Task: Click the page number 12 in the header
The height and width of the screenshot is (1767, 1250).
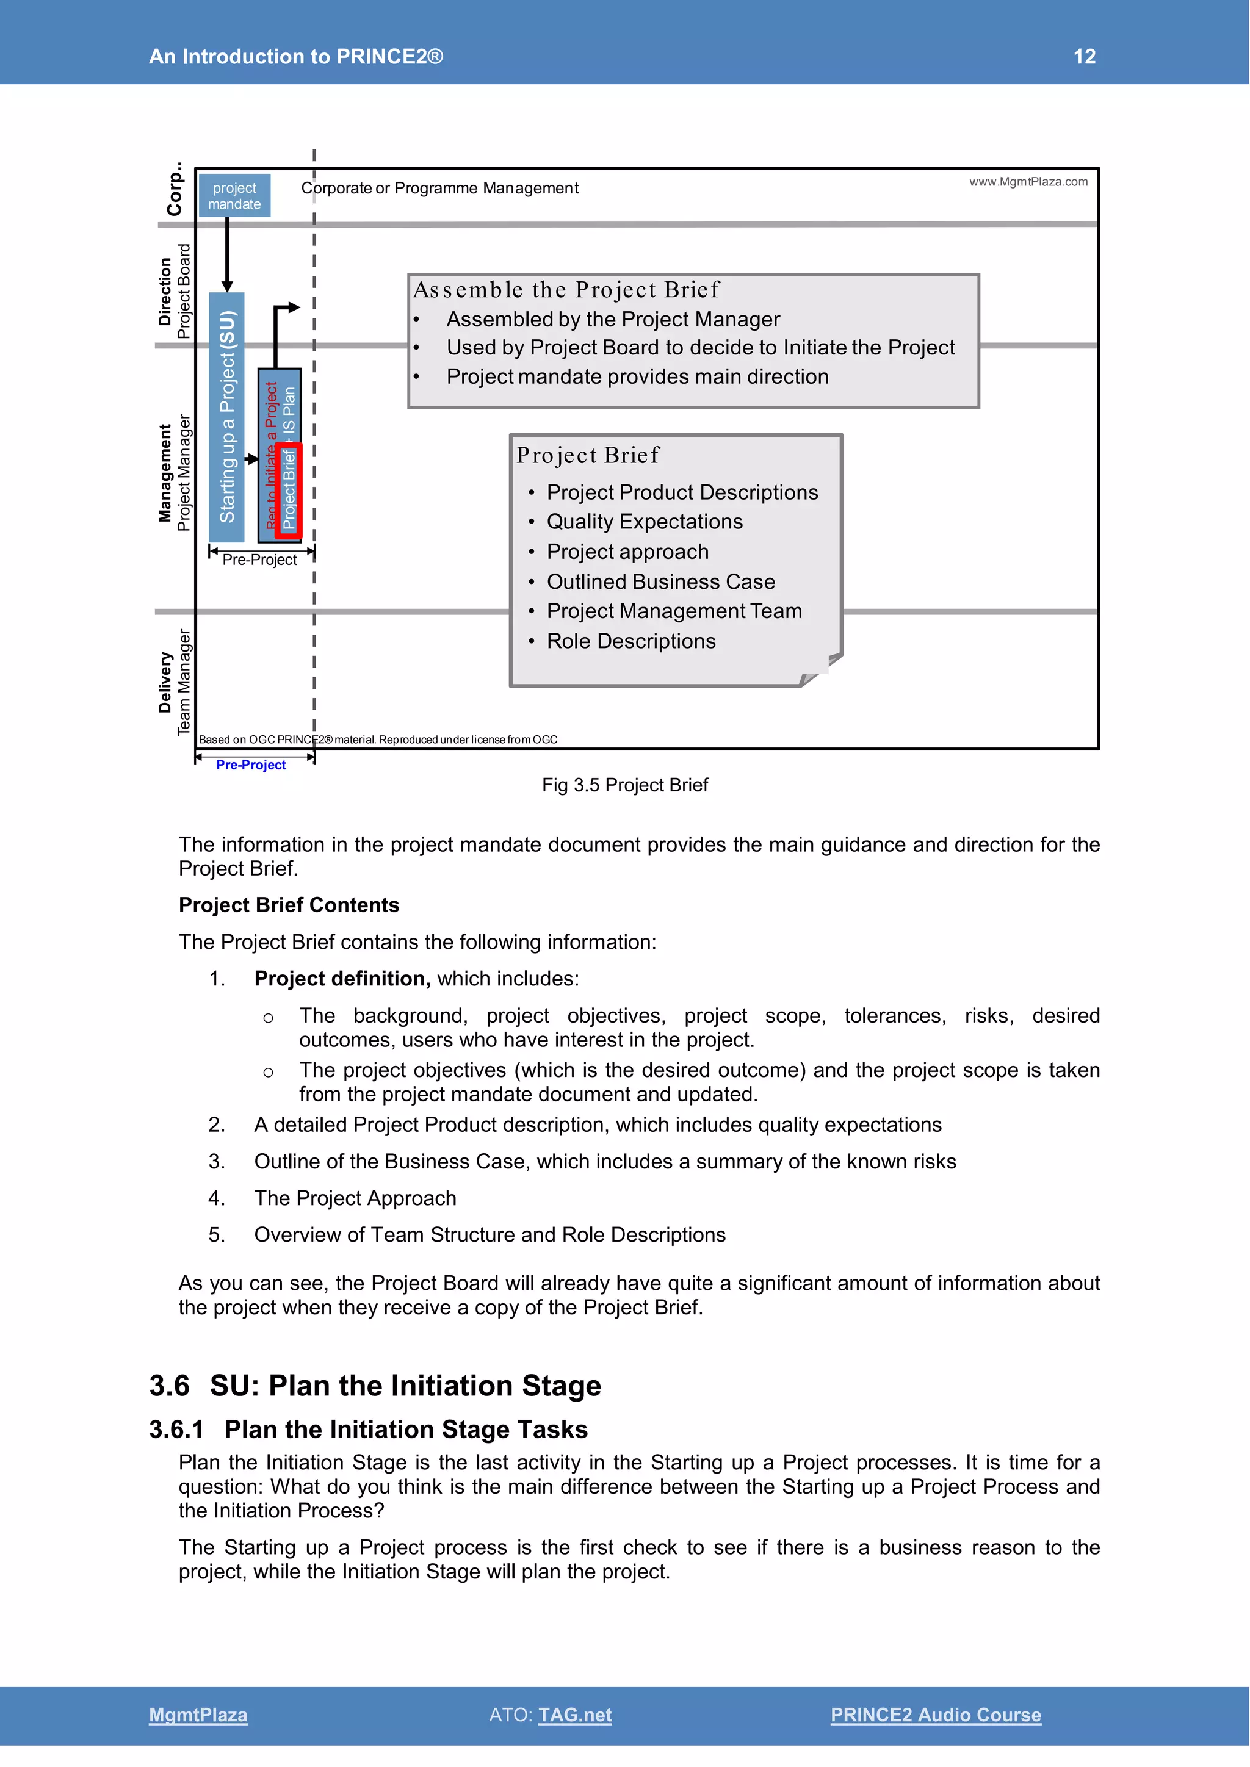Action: pyautogui.click(x=1084, y=56)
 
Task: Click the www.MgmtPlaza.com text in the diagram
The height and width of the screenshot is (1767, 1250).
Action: pyautogui.click(x=1028, y=182)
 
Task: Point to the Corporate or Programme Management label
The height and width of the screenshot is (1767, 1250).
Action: pyautogui.click(x=439, y=189)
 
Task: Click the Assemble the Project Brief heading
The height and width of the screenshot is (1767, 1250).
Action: pyautogui.click(x=566, y=290)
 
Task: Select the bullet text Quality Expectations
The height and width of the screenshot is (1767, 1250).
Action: pyautogui.click(x=645, y=522)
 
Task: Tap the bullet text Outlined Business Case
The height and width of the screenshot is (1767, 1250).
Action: pyautogui.click(x=660, y=582)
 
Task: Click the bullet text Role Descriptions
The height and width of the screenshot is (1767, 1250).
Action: pyautogui.click(x=630, y=641)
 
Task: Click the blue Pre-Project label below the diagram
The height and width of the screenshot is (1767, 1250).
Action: pyautogui.click(x=251, y=765)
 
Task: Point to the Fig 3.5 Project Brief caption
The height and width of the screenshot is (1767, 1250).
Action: pyautogui.click(x=624, y=785)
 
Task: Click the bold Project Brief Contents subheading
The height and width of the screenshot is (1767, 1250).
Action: pyautogui.click(x=289, y=905)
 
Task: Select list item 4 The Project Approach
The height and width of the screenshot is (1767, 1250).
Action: pyautogui.click(x=355, y=1198)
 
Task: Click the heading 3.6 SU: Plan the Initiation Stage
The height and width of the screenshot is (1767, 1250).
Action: pyautogui.click(x=375, y=1386)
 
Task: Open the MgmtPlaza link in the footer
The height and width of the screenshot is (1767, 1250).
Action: pyautogui.click(x=198, y=1715)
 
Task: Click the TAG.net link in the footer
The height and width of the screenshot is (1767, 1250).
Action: pyautogui.click(x=574, y=1715)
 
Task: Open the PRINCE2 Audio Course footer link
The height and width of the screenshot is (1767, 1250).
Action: pyautogui.click(x=935, y=1715)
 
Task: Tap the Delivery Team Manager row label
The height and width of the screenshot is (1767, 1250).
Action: pyautogui.click(x=174, y=682)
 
